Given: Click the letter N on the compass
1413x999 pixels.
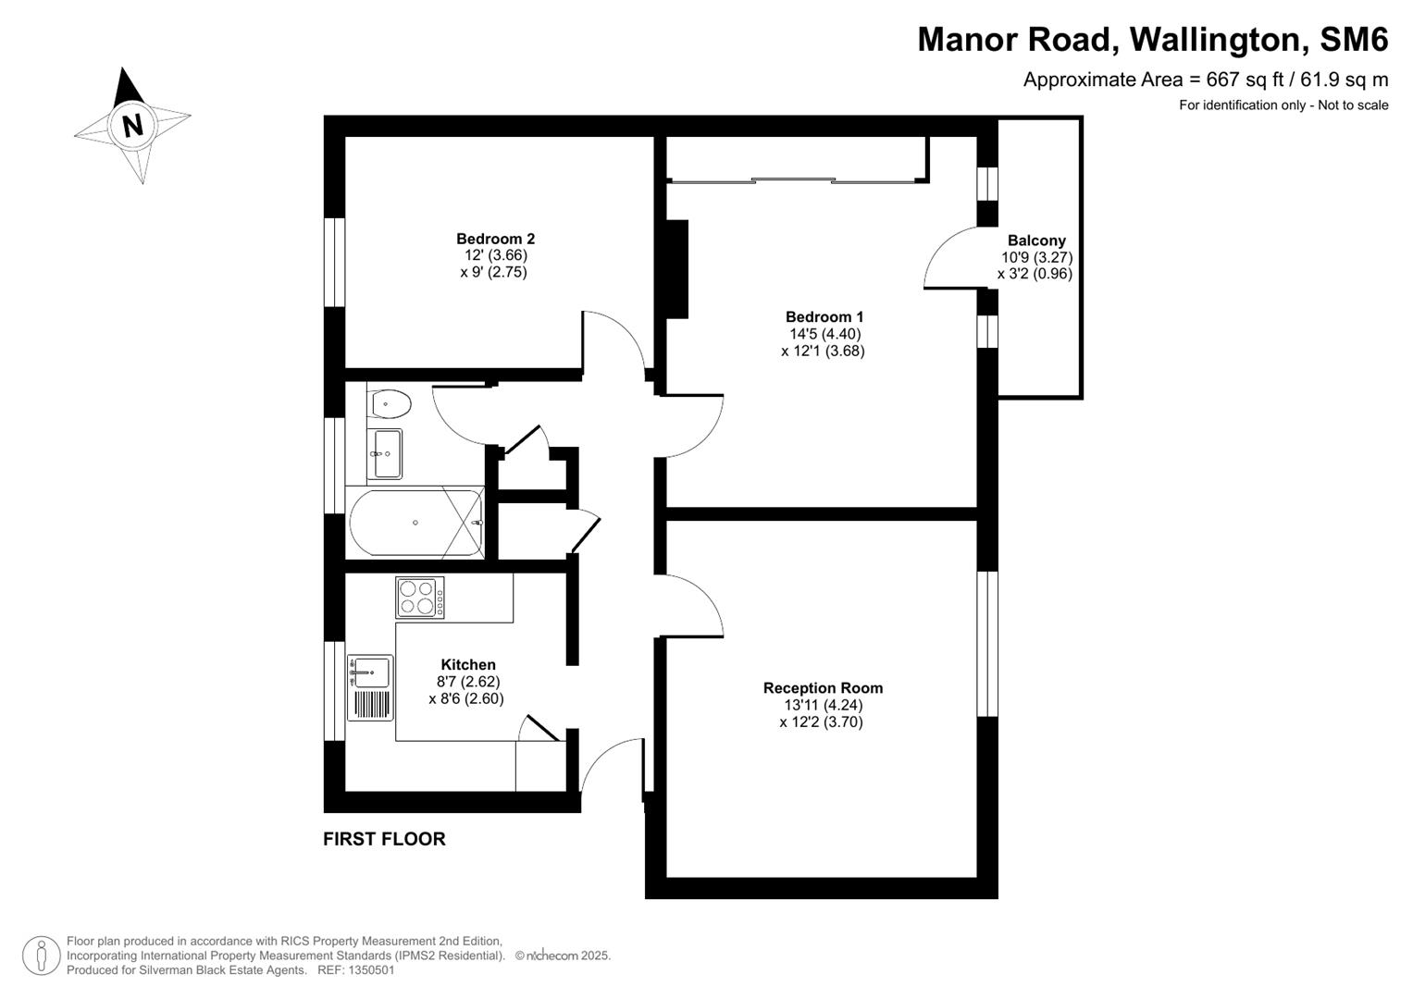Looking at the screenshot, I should [x=133, y=124].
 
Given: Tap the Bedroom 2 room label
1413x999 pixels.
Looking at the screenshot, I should [x=495, y=239].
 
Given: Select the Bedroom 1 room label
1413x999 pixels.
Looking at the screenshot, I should [x=824, y=317].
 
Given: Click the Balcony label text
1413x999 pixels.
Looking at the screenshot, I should [x=1036, y=240].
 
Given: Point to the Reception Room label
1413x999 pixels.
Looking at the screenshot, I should [x=823, y=688].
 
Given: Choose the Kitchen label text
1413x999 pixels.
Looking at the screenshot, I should [x=467, y=665].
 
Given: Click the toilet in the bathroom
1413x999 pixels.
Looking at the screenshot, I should [x=390, y=404].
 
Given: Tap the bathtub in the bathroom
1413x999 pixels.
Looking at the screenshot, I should [x=415, y=523].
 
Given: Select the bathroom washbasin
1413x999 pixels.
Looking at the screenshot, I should [x=387, y=453].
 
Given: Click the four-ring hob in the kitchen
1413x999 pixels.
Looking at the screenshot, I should [x=419, y=598].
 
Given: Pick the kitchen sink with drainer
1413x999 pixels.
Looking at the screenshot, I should [x=370, y=687].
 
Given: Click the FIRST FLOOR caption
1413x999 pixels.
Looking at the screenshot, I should [x=384, y=839].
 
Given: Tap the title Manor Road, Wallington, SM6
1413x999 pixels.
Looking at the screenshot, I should [x=1152, y=40].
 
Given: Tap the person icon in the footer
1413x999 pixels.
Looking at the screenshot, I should [x=42, y=955].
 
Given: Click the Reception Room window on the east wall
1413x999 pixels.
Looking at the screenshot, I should [x=987, y=644].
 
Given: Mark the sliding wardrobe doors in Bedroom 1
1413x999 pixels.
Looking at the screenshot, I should [x=796, y=180].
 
